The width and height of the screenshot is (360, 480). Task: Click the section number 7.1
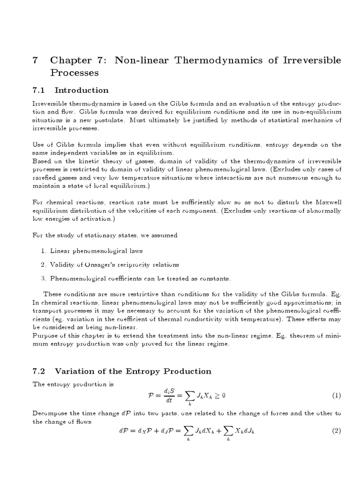pos(39,90)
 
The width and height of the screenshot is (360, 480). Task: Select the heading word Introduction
pos(82,90)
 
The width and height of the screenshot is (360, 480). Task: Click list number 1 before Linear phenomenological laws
pos(43,251)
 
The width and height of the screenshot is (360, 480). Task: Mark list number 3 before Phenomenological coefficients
pos(43,279)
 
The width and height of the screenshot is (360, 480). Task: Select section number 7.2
pos(39,371)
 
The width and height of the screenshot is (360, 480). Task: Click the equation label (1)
pos(337,396)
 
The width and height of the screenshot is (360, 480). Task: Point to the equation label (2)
pos(337,431)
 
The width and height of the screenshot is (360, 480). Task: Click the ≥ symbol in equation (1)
pos(215,396)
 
